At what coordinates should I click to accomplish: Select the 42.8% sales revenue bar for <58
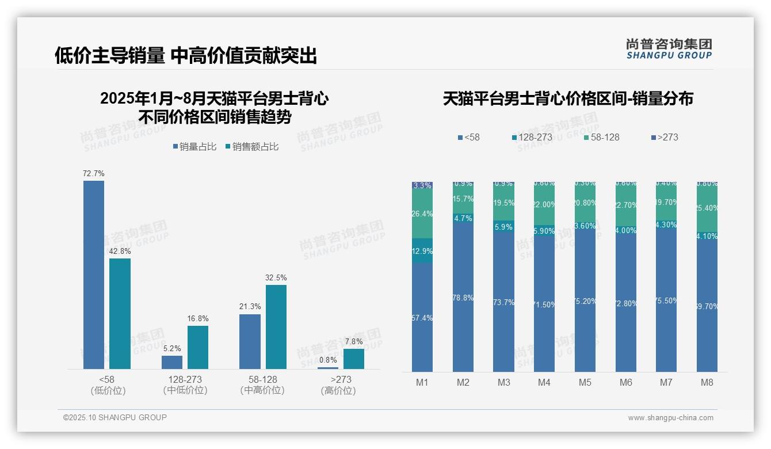point(120,314)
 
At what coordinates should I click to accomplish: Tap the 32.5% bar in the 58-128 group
point(276,327)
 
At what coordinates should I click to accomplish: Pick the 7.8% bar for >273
point(354,359)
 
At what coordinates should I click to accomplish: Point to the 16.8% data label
point(198,318)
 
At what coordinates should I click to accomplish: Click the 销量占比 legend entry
point(194,147)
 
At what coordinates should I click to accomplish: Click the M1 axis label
point(422,382)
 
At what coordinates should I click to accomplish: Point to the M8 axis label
point(707,382)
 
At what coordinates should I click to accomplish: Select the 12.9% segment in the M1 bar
point(422,251)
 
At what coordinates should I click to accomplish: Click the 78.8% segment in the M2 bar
point(463,297)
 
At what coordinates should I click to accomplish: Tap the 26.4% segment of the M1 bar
point(422,214)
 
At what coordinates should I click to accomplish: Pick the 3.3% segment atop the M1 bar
point(422,185)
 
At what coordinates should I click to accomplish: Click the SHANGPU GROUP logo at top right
point(669,49)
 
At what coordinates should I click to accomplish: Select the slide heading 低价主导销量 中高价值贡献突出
point(185,56)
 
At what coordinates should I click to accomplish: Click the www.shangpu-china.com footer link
point(670,418)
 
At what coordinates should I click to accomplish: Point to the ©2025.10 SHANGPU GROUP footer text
point(115,418)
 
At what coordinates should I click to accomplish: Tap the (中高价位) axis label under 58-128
point(262,390)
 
